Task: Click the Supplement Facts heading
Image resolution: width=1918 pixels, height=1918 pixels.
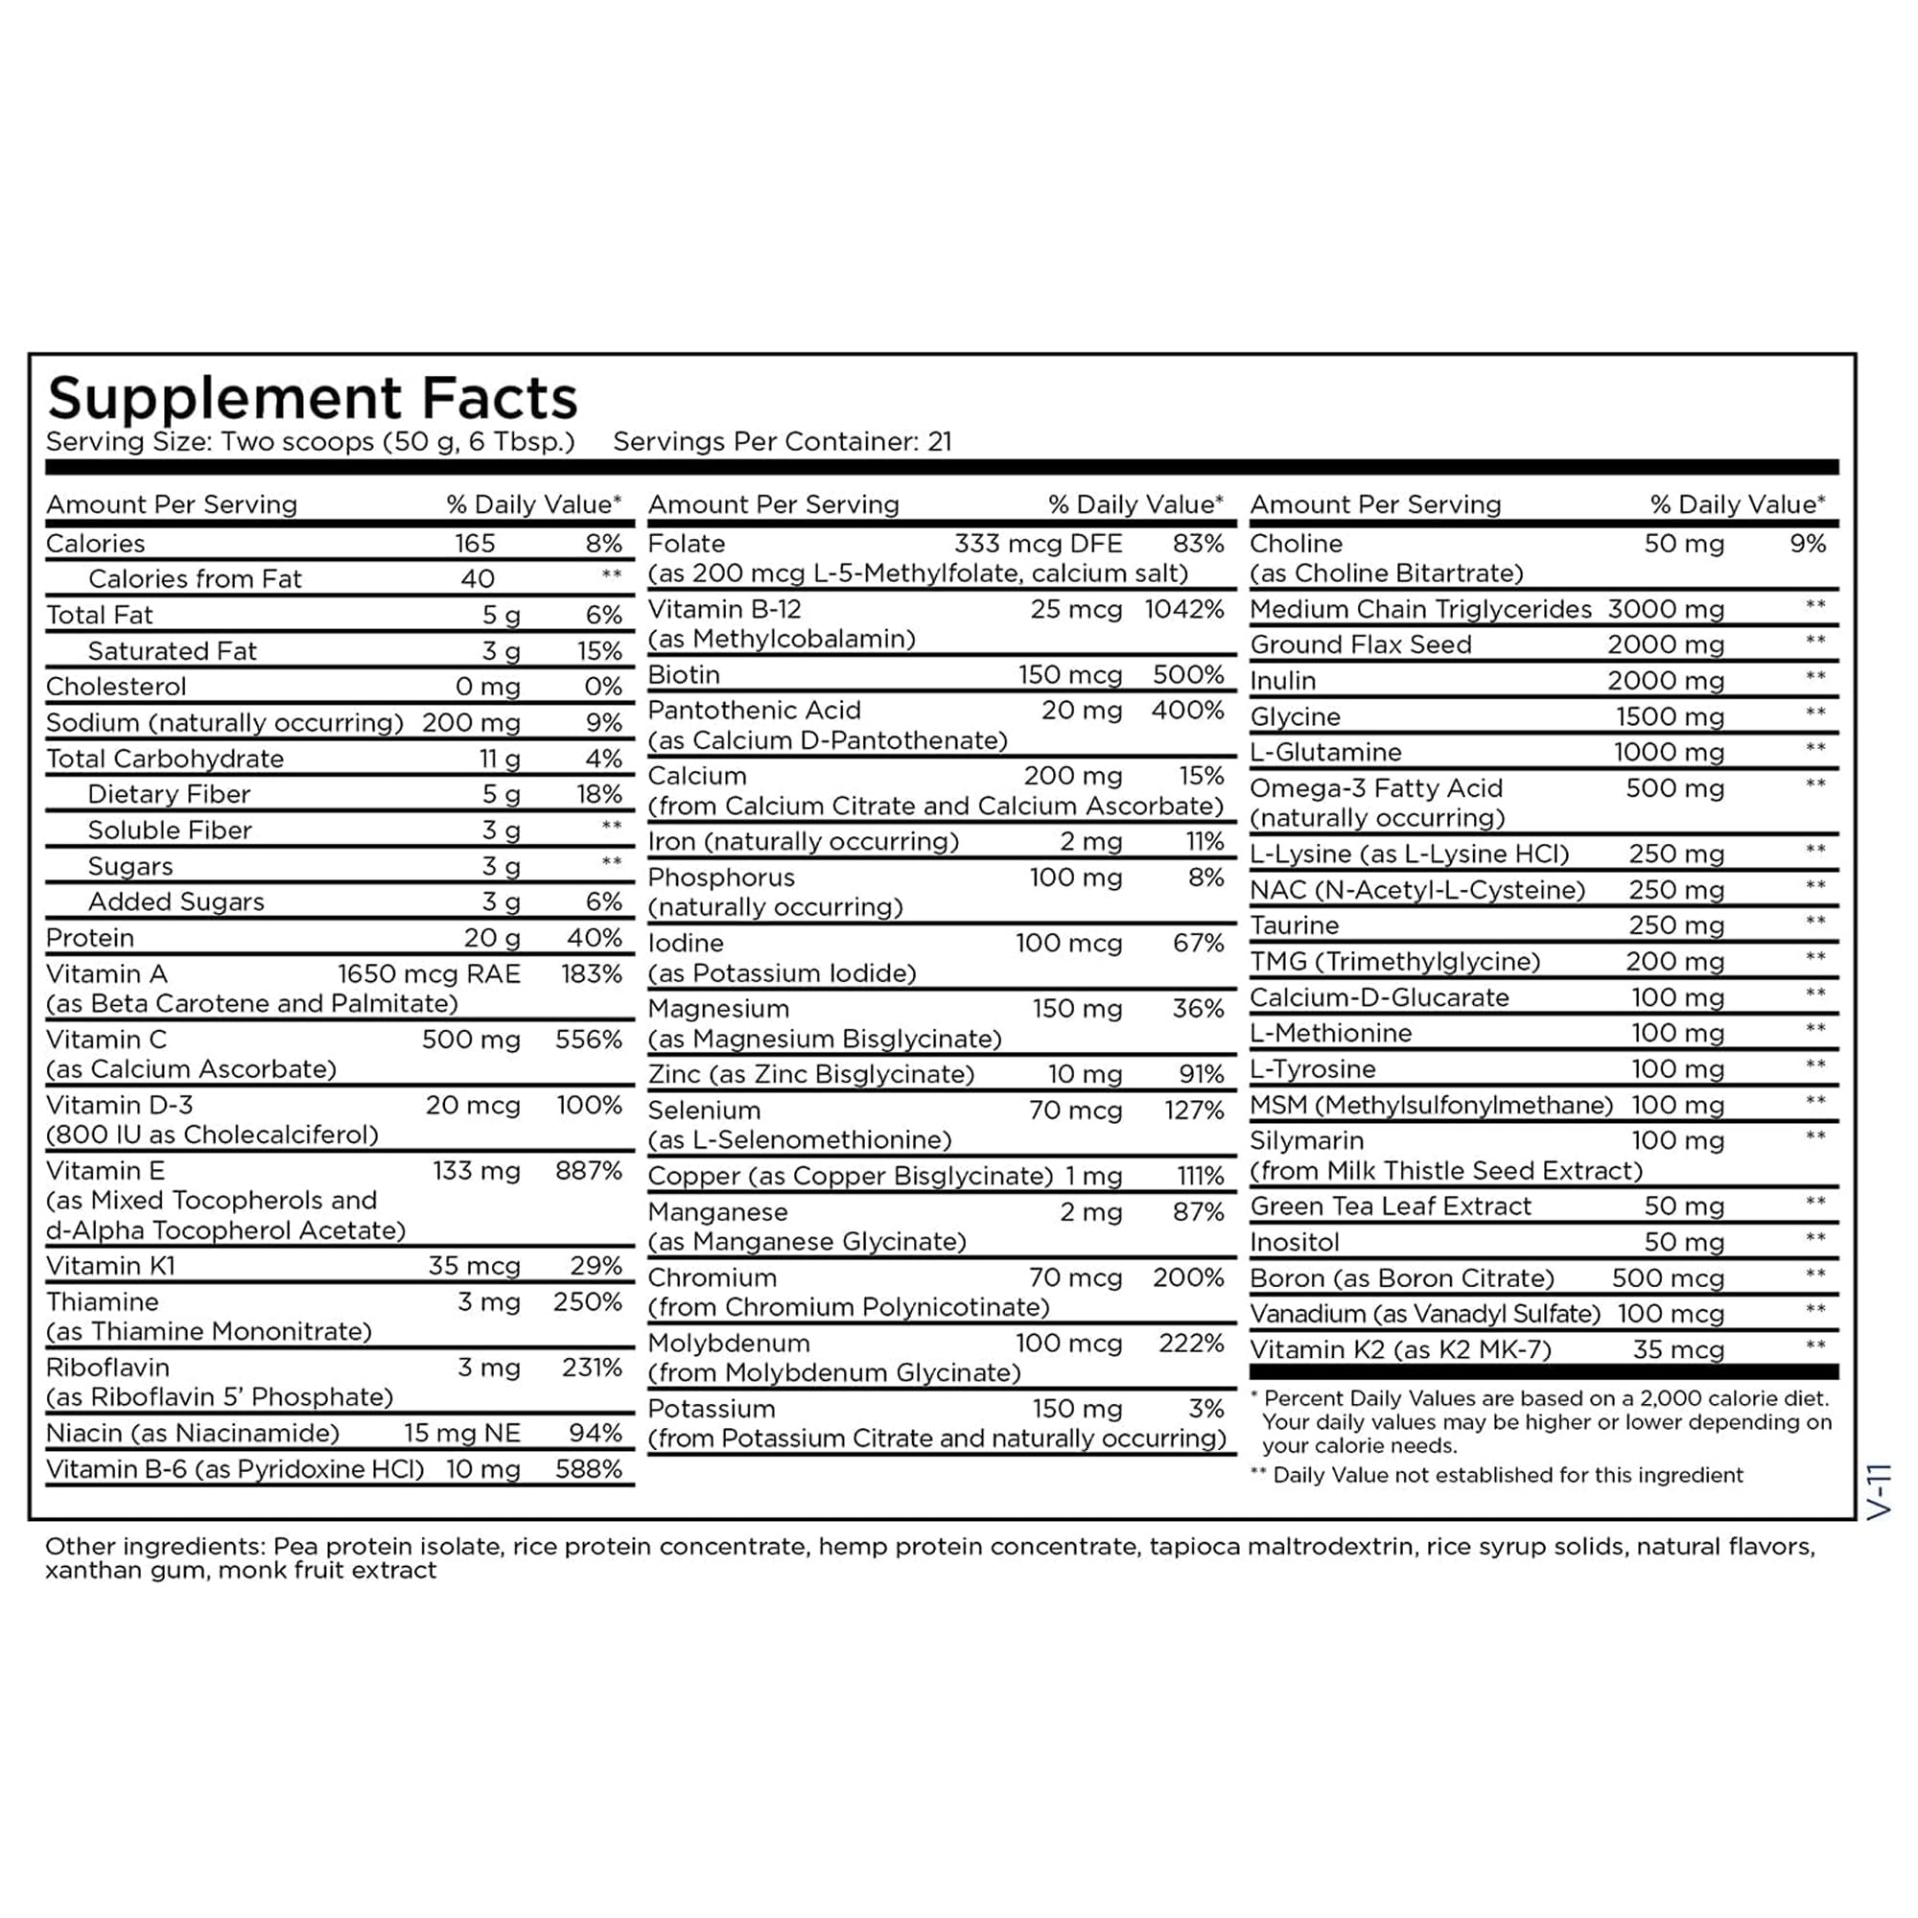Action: (x=312, y=399)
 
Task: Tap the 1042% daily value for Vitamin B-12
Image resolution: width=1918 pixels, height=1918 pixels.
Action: (x=1183, y=610)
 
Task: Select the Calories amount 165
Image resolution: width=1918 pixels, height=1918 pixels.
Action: (x=475, y=544)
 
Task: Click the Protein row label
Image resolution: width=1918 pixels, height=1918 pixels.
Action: (x=90, y=938)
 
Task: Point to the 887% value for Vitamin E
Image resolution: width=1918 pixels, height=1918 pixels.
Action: (x=589, y=1172)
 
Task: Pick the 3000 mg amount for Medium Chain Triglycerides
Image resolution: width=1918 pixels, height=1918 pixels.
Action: (x=1666, y=610)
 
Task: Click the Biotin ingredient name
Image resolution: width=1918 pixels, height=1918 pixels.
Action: (x=684, y=675)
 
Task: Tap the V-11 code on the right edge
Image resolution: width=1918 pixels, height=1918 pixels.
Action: (x=1881, y=1491)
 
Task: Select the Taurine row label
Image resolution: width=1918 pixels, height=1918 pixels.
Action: (x=1294, y=926)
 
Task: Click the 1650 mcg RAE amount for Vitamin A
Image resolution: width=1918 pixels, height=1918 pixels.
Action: (x=429, y=974)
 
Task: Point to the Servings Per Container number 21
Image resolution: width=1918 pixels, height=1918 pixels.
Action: (x=939, y=442)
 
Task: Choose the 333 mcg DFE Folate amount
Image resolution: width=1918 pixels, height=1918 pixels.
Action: (x=1039, y=544)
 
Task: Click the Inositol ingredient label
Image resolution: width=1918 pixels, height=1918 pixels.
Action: (x=1295, y=1243)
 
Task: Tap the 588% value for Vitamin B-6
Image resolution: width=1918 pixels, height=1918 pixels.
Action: (x=589, y=1469)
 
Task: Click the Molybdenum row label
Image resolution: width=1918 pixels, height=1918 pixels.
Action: (x=729, y=1345)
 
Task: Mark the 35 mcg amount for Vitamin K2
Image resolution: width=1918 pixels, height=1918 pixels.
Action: (x=1677, y=1350)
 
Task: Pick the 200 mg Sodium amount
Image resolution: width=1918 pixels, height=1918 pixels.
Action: (x=471, y=723)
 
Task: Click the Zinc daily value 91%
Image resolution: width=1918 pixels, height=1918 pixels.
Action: (x=1202, y=1074)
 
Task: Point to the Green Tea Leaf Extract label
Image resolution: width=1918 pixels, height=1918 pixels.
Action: (x=1391, y=1207)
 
